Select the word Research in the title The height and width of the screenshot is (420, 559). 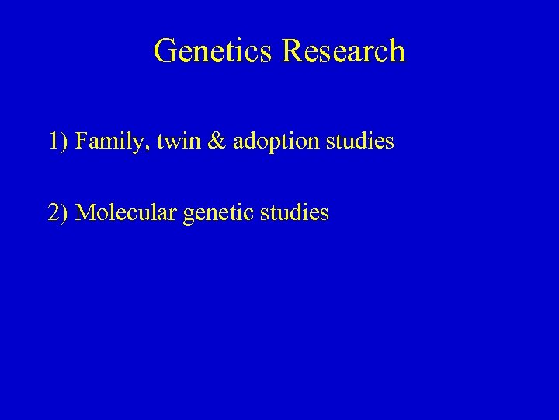[343, 51]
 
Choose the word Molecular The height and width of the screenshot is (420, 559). [126, 212]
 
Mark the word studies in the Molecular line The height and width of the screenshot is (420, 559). [297, 212]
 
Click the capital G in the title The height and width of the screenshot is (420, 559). [165, 51]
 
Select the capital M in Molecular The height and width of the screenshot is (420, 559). [85, 212]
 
